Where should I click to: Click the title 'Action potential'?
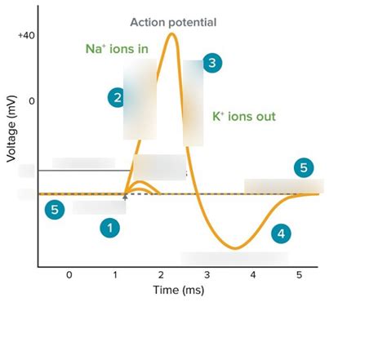pyautogui.click(x=173, y=22)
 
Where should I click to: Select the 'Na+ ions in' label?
pyautogui.click(x=117, y=49)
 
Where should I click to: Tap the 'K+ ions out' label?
pyautogui.click(x=243, y=117)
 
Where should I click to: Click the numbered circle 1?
pyautogui.click(x=109, y=228)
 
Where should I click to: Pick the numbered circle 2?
pyautogui.click(x=118, y=98)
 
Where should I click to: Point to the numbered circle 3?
pyautogui.click(x=212, y=63)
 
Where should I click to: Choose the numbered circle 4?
pyautogui.click(x=281, y=233)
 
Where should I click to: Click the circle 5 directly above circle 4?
pyautogui.click(x=304, y=168)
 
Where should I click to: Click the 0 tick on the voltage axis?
pyautogui.click(x=32, y=101)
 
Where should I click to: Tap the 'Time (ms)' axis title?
pyautogui.click(x=178, y=290)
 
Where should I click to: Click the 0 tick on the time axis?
pyautogui.click(x=69, y=275)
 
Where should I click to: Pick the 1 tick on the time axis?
pyautogui.click(x=116, y=275)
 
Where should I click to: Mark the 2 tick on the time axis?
pyautogui.click(x=162, y=275)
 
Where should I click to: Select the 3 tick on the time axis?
pyautogui.click(x=207, y=275)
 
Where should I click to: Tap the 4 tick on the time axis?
pyautogui.click(x=253, y=275)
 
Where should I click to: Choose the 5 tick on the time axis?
pyautogui.click(x=300, y=275)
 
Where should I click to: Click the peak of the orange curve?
pyautogui.click(x=172, y=33)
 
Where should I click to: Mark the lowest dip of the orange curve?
pyautogui.click(x=235, y=247)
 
